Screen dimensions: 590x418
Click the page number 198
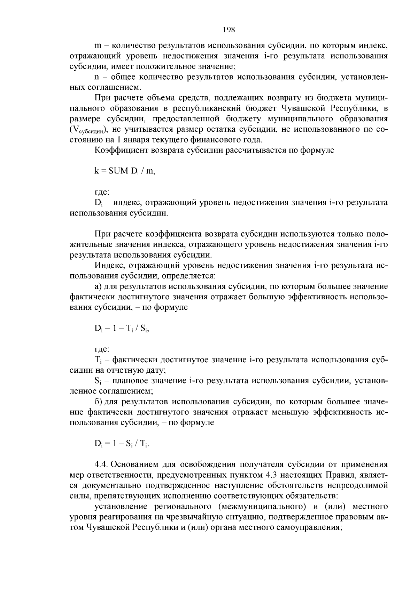229,30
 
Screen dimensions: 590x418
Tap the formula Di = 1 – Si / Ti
122,444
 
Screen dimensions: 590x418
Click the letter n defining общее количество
97,77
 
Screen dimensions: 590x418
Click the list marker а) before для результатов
98,286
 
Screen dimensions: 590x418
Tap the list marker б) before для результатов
98,402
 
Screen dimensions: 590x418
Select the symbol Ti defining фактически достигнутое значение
98,360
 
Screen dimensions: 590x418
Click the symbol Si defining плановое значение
98,381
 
